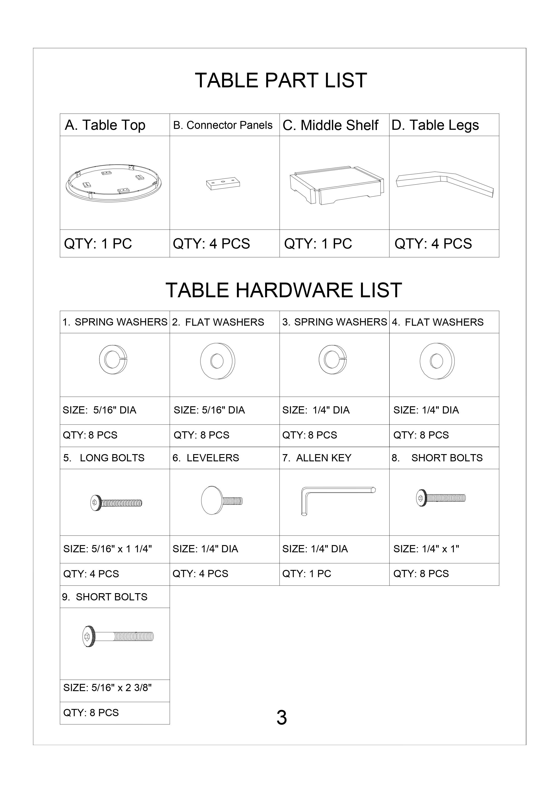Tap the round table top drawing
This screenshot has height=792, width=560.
pyautogui.click(x=114, y=183)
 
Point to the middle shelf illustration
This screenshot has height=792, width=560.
pyautogui.click(x=336, y=186)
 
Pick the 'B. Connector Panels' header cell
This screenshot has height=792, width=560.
pyautogui.click(x=223, y=125)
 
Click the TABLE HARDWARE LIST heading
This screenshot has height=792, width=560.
pyautogui.click(x=284, y=290)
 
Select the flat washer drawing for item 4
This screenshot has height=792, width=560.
pyautogui.click(x=437, y=361)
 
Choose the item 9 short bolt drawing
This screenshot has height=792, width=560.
pyautogui.click(x=118, y=636)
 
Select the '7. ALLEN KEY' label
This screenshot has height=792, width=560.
pyautogui.click(x=317, y=458)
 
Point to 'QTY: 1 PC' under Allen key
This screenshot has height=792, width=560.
pyautogui.click(x=306, y=574)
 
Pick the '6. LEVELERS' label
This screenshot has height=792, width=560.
pyautogui.click(x=206, y=458)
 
